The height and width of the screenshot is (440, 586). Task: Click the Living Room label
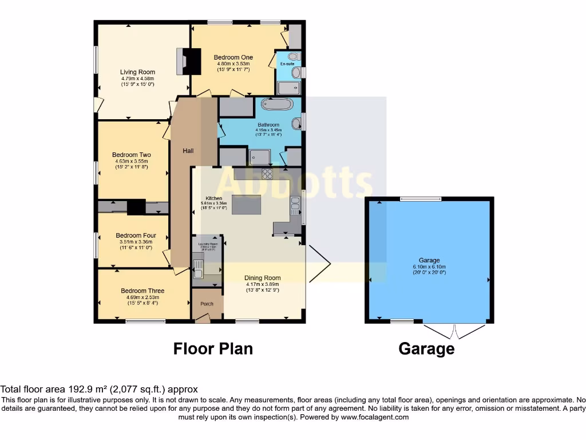138,72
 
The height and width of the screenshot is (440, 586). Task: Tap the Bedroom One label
233,57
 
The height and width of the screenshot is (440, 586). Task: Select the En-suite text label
286,64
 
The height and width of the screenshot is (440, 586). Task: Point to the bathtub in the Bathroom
277,104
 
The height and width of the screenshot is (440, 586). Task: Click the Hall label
188,151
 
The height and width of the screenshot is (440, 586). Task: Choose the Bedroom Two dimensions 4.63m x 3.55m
132,162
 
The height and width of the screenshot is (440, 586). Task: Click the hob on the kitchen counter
267,173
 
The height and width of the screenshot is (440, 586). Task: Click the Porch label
207,304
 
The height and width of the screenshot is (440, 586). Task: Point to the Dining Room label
263,278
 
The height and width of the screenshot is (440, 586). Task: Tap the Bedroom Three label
142,291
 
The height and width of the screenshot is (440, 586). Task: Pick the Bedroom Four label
136,235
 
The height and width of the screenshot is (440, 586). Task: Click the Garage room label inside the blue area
429,261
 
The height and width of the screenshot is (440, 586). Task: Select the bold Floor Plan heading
213,348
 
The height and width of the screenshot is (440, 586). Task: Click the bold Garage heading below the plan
426,348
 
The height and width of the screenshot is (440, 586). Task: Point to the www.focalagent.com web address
375,417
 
